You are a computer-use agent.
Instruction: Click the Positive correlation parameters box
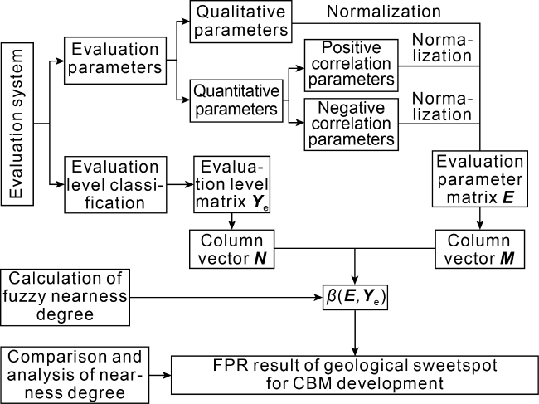coord(351,64)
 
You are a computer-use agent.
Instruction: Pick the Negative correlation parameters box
coord(351,122)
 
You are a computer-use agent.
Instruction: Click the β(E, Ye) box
coord(356,295)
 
